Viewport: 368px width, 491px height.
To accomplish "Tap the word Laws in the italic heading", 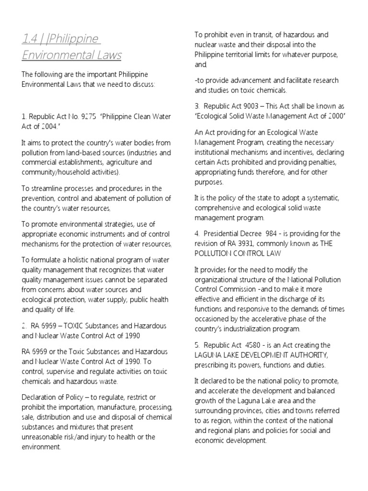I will pos(107,56).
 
